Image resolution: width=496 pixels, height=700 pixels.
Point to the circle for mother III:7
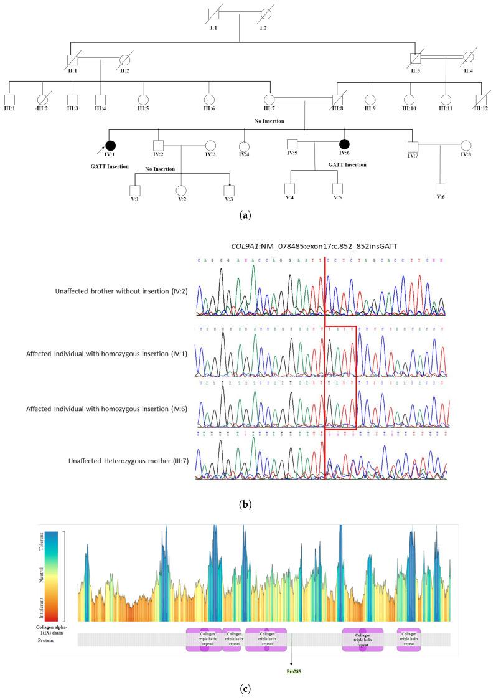(x=270, y=99)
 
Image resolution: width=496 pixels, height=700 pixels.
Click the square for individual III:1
(x=9, y=99)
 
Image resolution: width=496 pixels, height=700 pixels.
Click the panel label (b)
(x=248, y=504)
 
